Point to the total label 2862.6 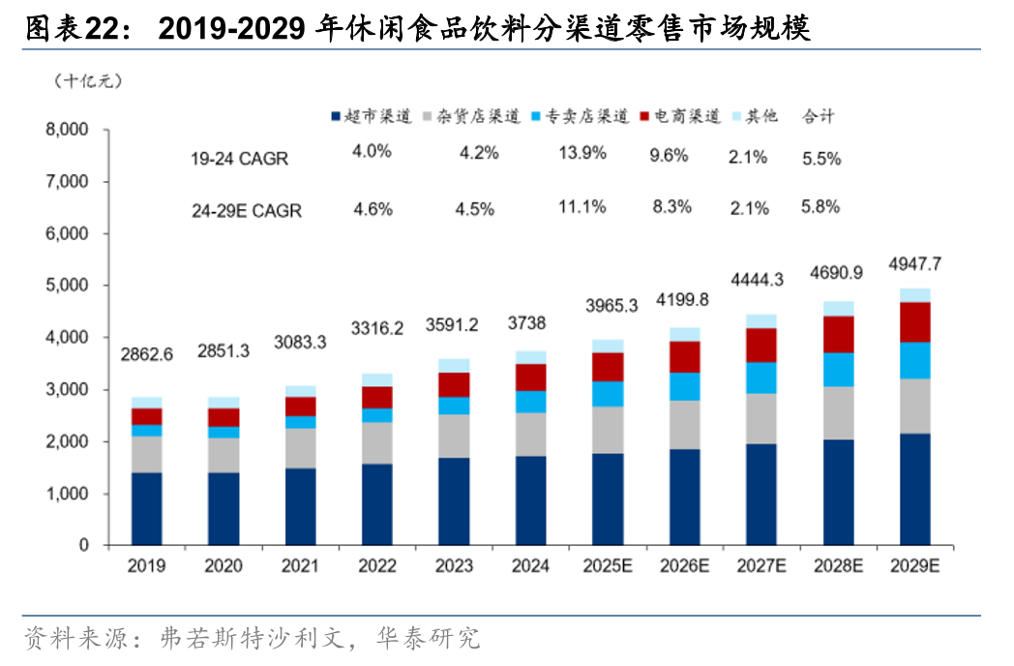147,354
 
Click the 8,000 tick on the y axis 69,131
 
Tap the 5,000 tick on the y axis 69,287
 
